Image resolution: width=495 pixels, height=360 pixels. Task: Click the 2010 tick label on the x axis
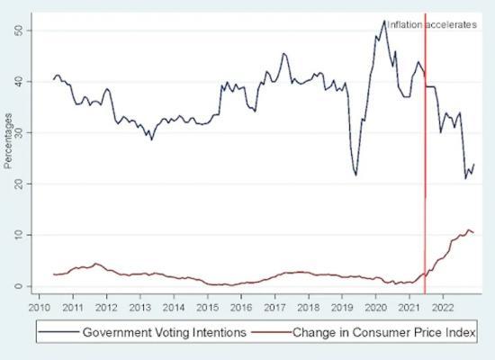pyautogui.click(x=39, y=306)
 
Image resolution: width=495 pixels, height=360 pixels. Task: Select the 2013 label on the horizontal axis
pyautogui.click(x=139, y=306)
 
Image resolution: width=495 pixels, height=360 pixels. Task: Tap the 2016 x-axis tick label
pyautogui.click(x=240, y=306)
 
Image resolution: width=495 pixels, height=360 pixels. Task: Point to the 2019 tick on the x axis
pyautogui.click(x=341, y=306)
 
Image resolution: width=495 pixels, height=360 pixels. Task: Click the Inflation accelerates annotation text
pyautogui.click(x=431, y=25)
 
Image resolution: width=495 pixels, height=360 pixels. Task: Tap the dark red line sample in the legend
pyautogui.click(x=275, y=333)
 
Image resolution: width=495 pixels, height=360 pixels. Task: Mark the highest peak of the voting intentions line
pyautogui.click(x=384, y=20)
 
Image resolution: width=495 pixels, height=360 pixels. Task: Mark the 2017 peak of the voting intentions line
pyautogui.click(x=283, y=53)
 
